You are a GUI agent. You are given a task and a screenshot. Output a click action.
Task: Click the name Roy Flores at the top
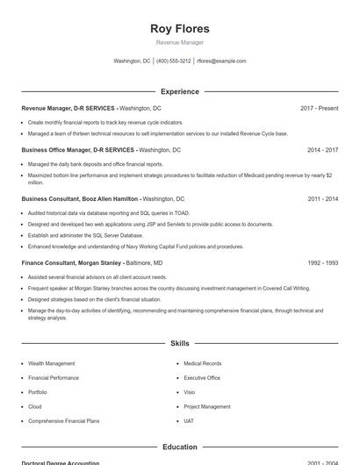coord(180,28)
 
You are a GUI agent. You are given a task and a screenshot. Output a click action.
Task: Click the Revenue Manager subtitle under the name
coord(180,42)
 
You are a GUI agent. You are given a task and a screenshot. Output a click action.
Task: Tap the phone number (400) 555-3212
coord(173,61)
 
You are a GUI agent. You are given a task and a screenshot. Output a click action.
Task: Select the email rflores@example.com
coord(221,61)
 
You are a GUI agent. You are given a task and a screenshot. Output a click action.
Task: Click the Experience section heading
coord(180,91)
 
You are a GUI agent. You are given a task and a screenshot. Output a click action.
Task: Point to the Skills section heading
coord(180,344)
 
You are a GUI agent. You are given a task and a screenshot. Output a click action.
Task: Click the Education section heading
coord(180,447)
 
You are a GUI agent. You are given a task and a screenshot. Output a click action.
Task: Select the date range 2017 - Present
coord(319,108)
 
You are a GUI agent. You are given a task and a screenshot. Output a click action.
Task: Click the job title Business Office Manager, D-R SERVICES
coord(78,150)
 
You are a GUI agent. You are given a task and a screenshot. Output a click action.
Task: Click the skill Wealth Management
coord(51,363)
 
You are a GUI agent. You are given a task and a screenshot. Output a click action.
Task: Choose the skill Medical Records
coord(202,363)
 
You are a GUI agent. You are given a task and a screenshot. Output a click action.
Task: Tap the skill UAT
coord(189,421)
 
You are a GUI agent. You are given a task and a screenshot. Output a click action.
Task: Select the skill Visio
coord(190,392)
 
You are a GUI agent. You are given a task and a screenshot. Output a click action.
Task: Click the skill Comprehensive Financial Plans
coord(64,421)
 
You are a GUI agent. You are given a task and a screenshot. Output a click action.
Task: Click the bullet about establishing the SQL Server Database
coord(85,235)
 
